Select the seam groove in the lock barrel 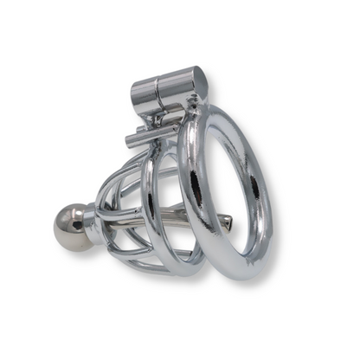[x=157, y=88]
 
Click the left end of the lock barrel [x=137, y=91]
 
